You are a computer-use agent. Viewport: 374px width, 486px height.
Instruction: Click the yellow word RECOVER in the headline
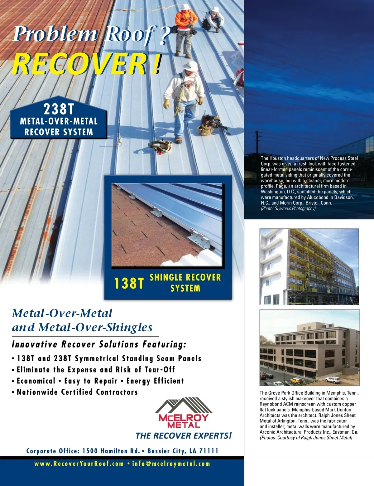(79, 64)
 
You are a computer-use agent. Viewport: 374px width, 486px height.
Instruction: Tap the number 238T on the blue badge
(59, 109)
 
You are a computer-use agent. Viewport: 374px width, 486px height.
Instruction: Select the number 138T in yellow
(129, 283)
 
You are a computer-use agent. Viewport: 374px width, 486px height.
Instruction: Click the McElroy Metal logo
(184, 413)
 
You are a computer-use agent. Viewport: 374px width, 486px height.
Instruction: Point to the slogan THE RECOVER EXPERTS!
(184, 436)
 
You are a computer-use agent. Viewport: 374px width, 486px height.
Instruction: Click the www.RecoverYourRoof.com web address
(79, 464)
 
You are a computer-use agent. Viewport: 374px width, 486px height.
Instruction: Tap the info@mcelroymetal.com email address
(171, 464)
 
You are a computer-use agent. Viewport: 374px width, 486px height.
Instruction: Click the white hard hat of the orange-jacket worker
(186, 7)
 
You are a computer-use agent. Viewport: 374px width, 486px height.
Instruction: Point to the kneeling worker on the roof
(213, 19)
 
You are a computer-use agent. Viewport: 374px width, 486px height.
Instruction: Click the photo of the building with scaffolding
(309, 267)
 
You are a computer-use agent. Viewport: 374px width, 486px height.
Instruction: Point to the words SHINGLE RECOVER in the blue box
(185, 277)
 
